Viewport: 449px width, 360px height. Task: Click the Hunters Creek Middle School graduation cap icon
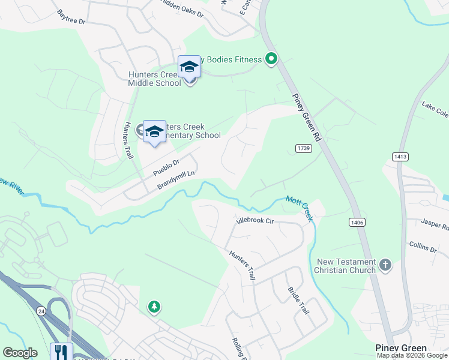pos(189,67)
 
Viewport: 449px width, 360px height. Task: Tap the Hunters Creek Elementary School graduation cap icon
pos(154,131)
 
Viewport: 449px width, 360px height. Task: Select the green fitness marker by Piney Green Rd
pos(271,59)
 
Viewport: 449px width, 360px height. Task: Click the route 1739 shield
pos(303,148)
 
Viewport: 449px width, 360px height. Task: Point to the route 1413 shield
pos(400,157)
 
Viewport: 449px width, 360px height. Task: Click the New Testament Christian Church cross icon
pos(385,265)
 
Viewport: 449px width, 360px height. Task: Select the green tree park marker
pos(154,307)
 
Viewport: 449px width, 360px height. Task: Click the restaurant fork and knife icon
pos(62,352)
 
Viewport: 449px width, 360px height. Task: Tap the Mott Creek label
pos(300,208)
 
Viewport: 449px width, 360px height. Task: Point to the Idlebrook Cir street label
pos(255,221)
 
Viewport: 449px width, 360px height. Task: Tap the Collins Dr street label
pos(423,248)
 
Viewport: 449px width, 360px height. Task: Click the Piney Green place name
pos(400,348)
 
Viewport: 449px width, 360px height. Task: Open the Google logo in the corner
pos(20,353)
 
